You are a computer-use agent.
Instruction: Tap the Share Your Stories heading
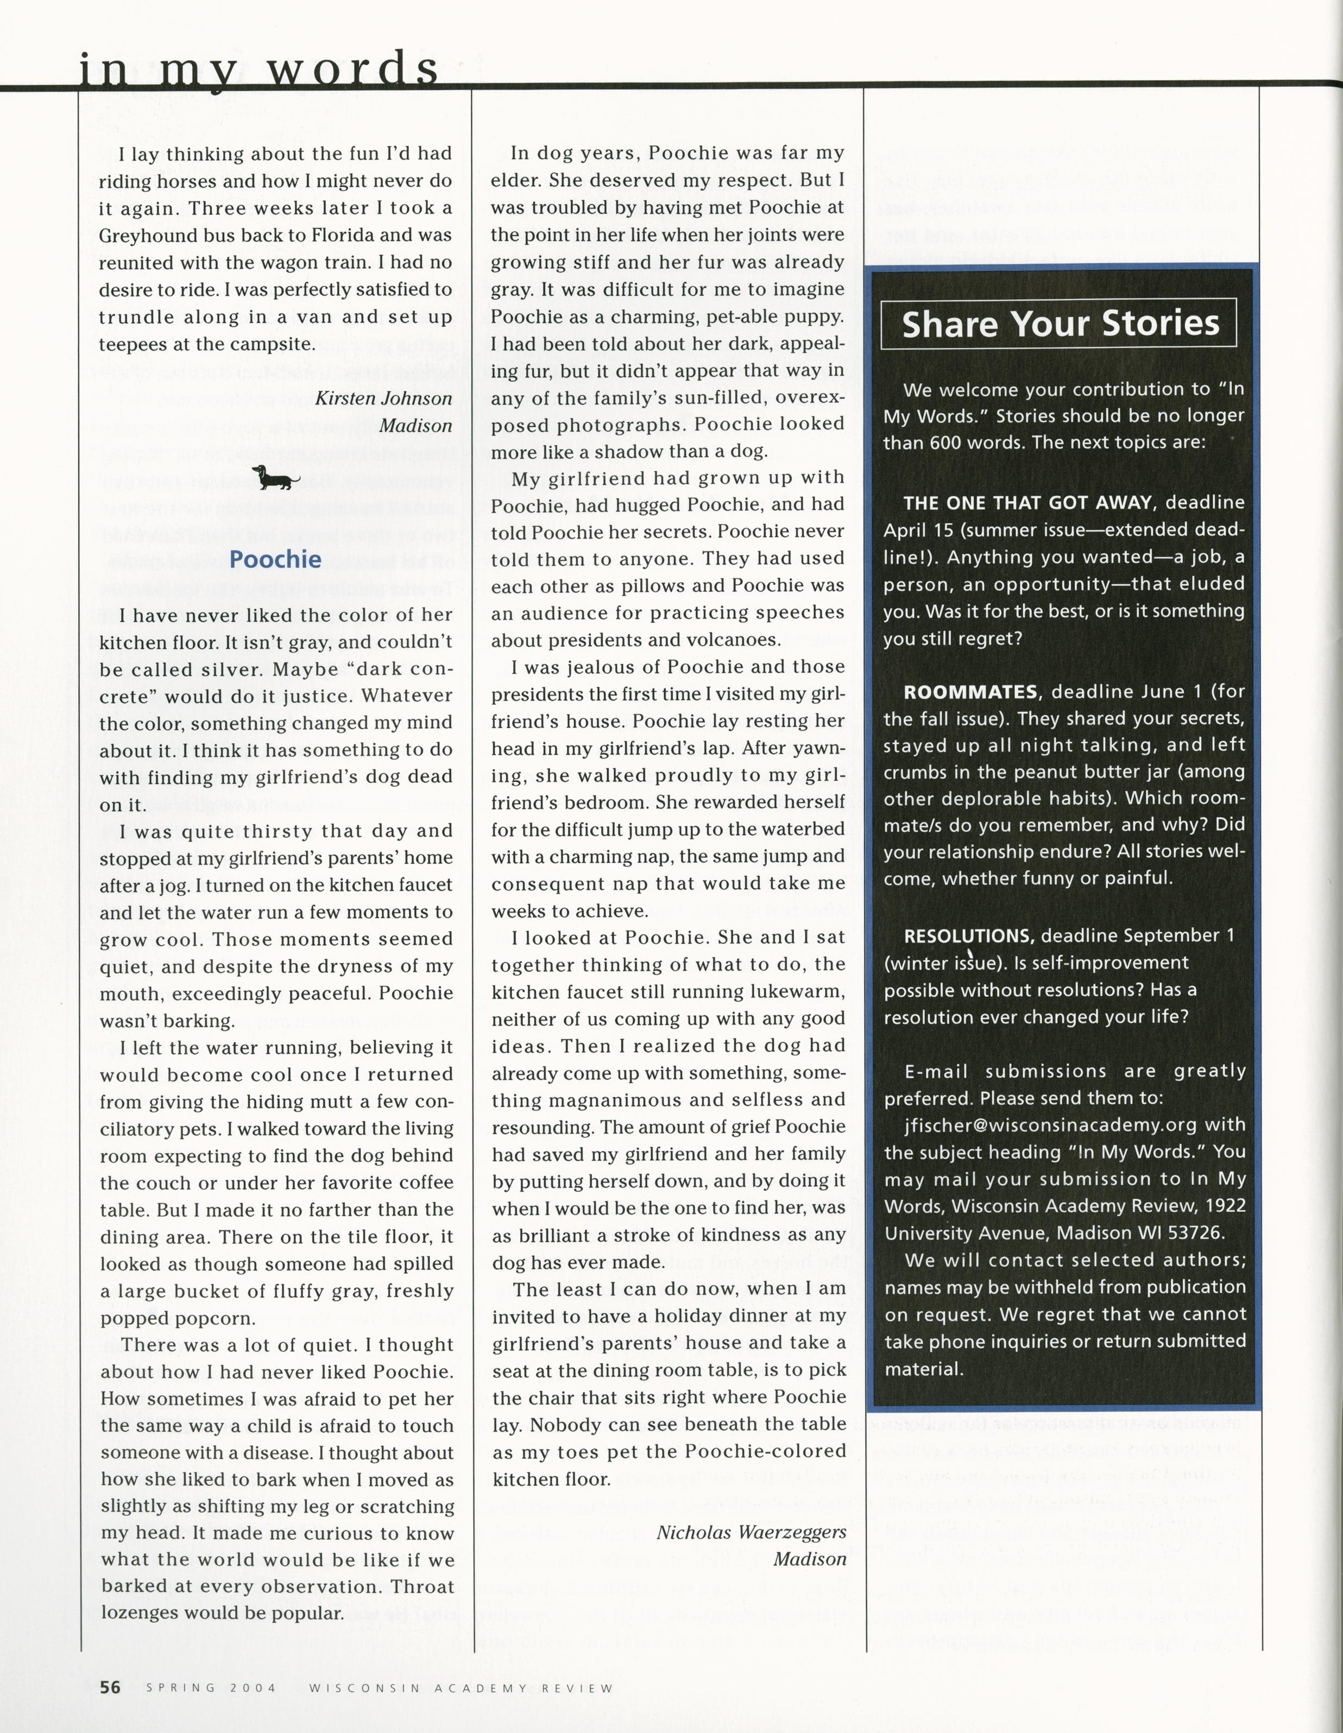pyautogui.click(x=1060, y=324)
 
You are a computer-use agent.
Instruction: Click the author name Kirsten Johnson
pyautogui.click(x=383, y=399)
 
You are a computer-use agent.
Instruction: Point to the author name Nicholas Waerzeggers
pyautogui.click(x=751, y=1532)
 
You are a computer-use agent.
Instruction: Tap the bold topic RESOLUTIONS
pyautogui.click(x=968, y=935)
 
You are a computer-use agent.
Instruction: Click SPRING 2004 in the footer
pyautogui.click(x=211, y=1688)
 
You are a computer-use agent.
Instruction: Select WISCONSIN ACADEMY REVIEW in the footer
pyautogui.click(x=461, y=1688)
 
